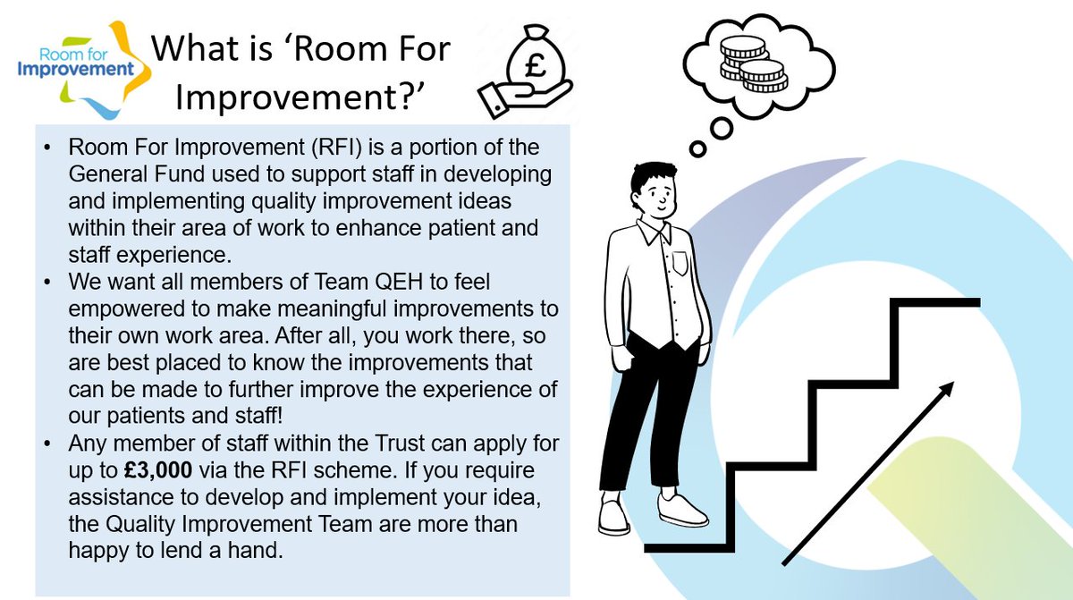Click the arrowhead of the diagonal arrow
click(x=945, y=391)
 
